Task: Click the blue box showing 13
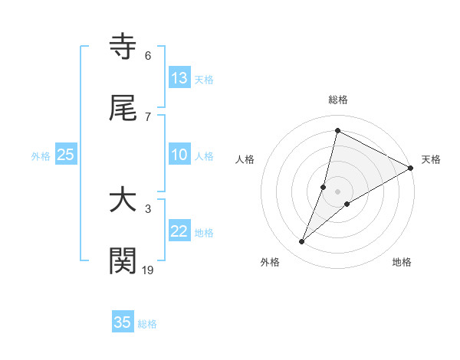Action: click(179, 78)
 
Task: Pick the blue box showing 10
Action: click(179, 155)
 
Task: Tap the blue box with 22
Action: click(179, 231)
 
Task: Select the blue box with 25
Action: click(66, 155)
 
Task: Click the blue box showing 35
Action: click(123, 322)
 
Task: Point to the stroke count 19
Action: click(148, 269)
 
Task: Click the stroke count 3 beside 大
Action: click(148, 208)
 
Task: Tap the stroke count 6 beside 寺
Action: click(148, 56)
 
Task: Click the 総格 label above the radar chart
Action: click(338, 100)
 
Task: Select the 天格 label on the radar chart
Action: click(431, 159)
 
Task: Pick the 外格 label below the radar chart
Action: click(270, 262)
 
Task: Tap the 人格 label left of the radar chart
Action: click(245, 159)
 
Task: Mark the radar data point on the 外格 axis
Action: click(302, 242)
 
